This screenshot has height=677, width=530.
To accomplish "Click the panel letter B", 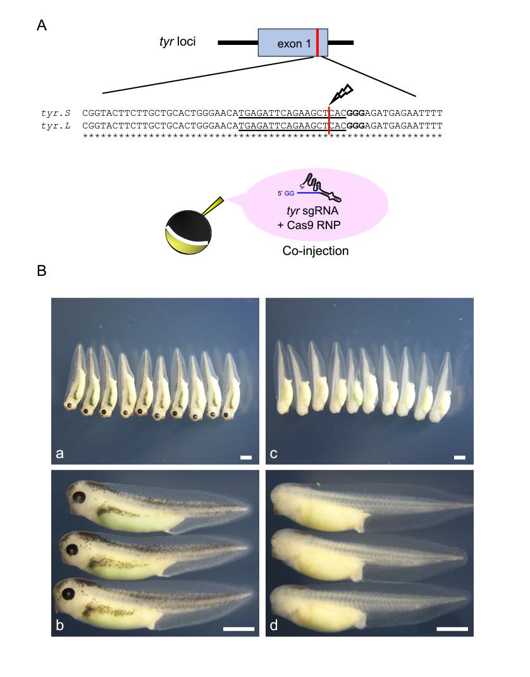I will pyautogui.click(x=42, y=271).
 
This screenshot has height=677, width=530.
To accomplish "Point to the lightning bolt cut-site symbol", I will pyautogui.click(x=338, y=96).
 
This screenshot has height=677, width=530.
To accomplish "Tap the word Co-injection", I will pyautogui.click(x=316, y=251).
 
